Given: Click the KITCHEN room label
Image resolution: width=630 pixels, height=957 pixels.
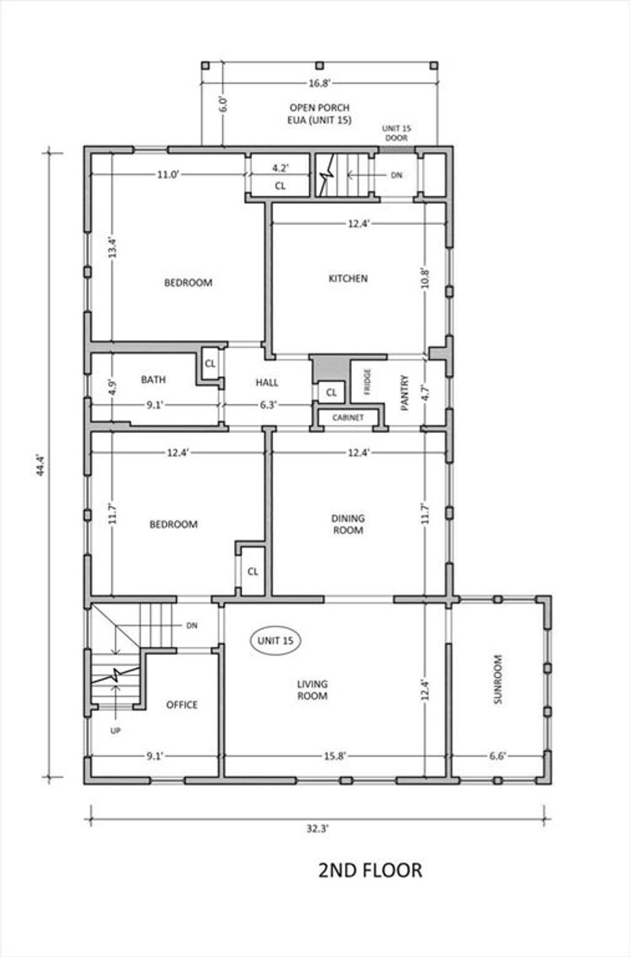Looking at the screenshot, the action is tap(348, 278).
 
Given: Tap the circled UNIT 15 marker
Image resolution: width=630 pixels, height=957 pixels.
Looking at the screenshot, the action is tap(275, 640).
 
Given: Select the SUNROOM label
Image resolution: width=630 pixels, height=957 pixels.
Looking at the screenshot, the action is tap(498, 679).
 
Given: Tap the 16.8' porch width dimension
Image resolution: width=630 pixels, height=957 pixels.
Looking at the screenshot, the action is tap(320, 83).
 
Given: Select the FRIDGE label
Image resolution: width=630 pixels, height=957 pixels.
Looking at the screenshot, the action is tap(367, 382).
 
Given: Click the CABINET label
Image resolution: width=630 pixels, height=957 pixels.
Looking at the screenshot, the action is tap(348, 418).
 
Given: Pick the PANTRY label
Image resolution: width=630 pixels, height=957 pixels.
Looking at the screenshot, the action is tap(405, 393).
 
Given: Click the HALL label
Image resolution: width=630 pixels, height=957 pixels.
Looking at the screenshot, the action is tap(267, 382).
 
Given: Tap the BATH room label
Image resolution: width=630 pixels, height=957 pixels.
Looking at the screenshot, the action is tap(153, 379).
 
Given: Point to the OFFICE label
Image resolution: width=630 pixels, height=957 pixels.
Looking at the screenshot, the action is tap(182, 705).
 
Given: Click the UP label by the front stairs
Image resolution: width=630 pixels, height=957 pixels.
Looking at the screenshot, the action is tap(115, 731).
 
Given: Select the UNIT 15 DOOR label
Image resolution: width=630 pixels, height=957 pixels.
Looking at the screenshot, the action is tap(397, 133).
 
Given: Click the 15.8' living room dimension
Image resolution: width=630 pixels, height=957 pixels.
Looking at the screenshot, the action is tap(334, 756).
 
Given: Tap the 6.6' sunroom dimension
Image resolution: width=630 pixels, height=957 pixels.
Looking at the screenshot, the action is tap(497, 756).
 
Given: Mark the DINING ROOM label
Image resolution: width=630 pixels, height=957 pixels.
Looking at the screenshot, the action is tap(348, 524).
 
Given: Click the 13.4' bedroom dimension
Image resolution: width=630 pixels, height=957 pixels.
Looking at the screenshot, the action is tap(112, 248).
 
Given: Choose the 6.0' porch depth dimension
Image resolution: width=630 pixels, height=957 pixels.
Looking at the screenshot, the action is tap(223, 104).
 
